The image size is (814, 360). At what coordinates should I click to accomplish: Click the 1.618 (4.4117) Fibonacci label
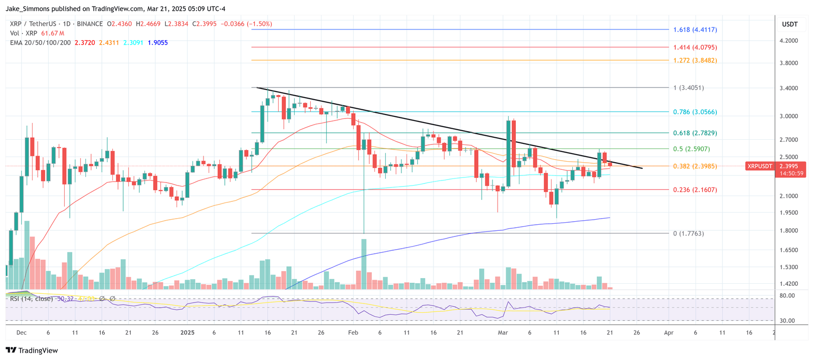coord(694,29)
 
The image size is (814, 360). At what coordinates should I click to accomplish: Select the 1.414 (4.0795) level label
coord(694,47)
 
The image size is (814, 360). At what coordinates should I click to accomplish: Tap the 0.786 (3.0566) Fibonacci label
coord(694,112)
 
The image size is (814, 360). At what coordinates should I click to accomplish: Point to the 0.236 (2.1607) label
coord(694,190)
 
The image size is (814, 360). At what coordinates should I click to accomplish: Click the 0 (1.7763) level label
coord(688,233)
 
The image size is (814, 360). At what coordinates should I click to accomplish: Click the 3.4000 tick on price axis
coord(789,88)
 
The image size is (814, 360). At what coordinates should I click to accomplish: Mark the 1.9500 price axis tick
coord(789,213)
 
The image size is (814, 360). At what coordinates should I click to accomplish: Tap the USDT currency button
coord(790,24)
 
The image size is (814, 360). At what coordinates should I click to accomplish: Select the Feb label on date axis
coord(353,333)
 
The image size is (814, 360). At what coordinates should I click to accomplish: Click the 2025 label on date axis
coord(187,333)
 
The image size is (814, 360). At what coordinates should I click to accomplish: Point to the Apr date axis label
coord(668,333)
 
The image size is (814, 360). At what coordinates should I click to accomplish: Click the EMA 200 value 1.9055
coord(158,43)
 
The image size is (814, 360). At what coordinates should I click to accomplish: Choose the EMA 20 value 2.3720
coord(84,43)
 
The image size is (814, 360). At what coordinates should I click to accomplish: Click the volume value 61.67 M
coord(52,33)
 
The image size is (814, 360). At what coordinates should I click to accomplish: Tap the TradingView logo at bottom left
coord(32,350)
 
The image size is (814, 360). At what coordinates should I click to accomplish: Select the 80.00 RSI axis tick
coord(787,295)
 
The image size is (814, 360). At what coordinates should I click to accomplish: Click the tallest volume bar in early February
coord(364,264)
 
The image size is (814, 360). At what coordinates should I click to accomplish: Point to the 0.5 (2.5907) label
coord(691,149)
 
